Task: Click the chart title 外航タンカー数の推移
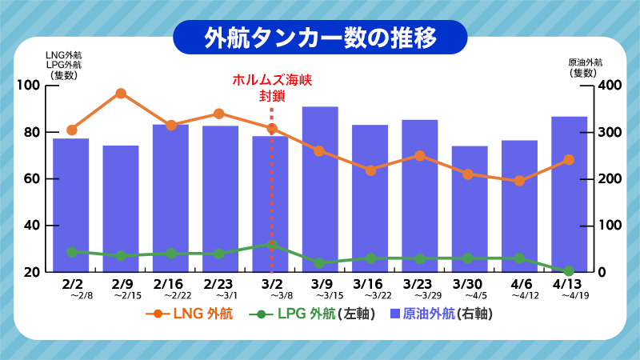coord(320,37)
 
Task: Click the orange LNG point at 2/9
coord(121,94)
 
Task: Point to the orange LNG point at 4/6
coord(519,181)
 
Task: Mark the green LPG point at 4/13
coord(569,271)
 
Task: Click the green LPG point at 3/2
coord(271,244)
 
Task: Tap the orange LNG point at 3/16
coord(370,170)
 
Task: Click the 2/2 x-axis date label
coord(72,284)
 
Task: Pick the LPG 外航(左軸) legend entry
coord(312,314)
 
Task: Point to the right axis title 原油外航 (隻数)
coord(585,67)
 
